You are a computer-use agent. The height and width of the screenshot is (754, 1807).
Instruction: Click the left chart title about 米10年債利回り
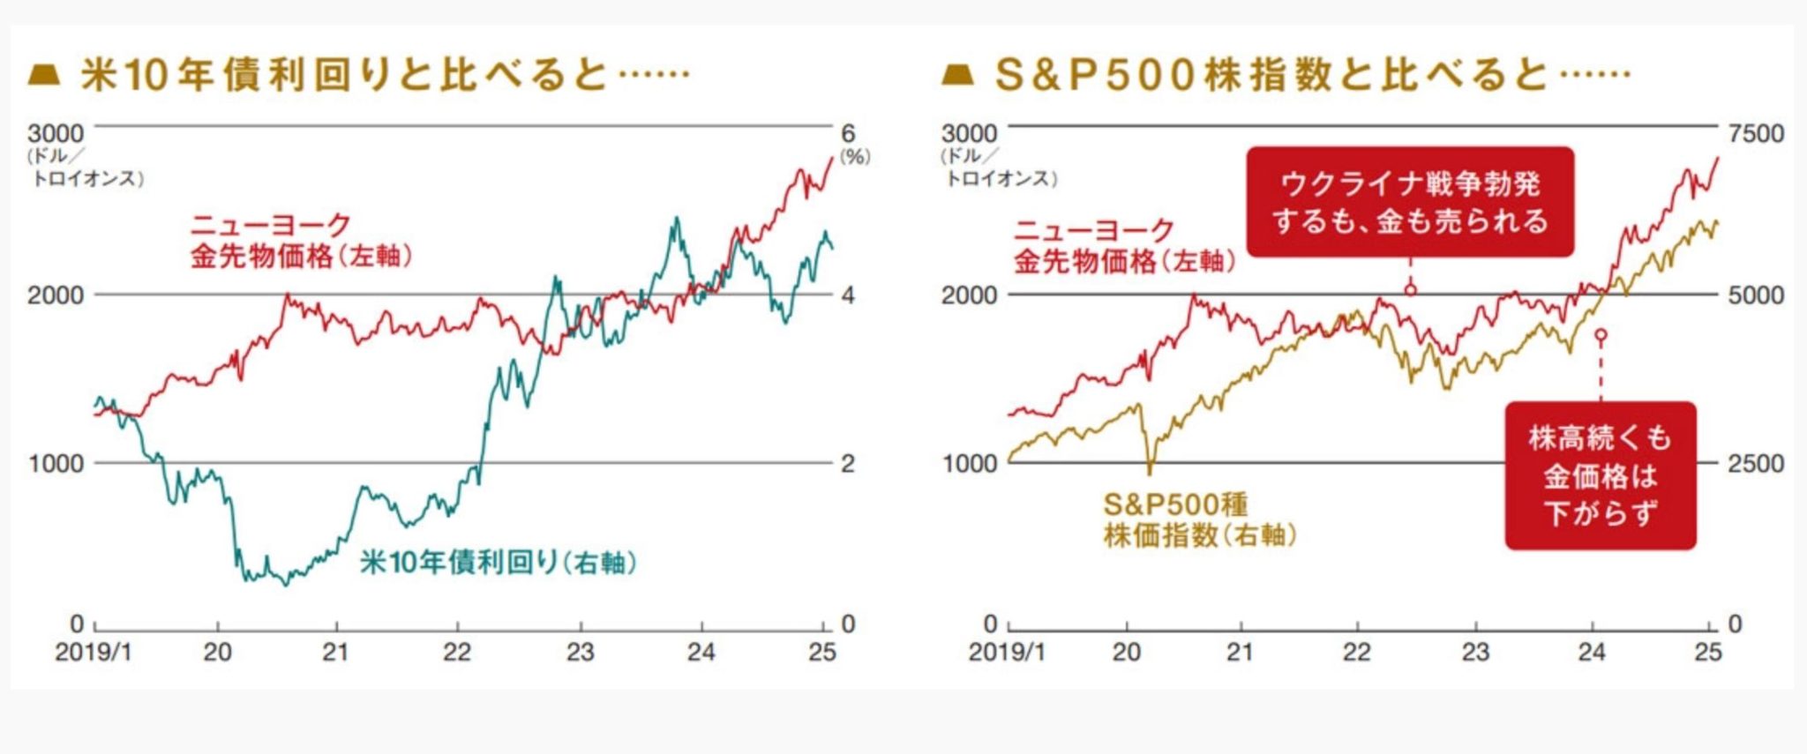384,74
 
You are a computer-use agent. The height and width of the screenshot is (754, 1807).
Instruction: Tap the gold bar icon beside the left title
44,74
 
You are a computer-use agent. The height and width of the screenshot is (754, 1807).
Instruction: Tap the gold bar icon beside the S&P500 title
957,74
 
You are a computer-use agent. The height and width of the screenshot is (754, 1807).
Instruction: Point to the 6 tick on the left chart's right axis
848,133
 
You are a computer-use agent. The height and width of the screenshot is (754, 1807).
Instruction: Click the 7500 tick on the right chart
1756,133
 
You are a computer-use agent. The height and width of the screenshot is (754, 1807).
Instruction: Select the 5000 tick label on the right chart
1756,295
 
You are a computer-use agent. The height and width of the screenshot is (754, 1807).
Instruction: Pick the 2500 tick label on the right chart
1756,463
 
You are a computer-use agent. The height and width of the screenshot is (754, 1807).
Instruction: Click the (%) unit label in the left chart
854,157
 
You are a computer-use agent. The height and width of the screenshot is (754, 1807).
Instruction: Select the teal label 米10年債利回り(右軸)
498,562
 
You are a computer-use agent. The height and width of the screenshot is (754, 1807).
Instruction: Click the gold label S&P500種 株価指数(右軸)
1198,519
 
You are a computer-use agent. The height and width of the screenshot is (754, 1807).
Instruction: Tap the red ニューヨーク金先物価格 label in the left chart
300,240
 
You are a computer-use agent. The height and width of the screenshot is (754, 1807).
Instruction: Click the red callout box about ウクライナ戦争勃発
1409,202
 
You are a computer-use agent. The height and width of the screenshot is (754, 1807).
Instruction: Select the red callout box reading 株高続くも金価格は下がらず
1600,476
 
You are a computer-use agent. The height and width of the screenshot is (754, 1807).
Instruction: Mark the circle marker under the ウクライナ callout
1410,289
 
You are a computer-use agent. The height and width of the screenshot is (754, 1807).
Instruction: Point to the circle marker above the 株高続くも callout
1601,335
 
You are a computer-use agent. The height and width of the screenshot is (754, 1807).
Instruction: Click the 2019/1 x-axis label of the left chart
93,653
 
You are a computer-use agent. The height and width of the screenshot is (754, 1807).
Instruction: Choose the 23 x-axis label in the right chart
1475,653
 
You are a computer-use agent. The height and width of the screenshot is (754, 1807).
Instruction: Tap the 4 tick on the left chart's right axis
848,295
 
